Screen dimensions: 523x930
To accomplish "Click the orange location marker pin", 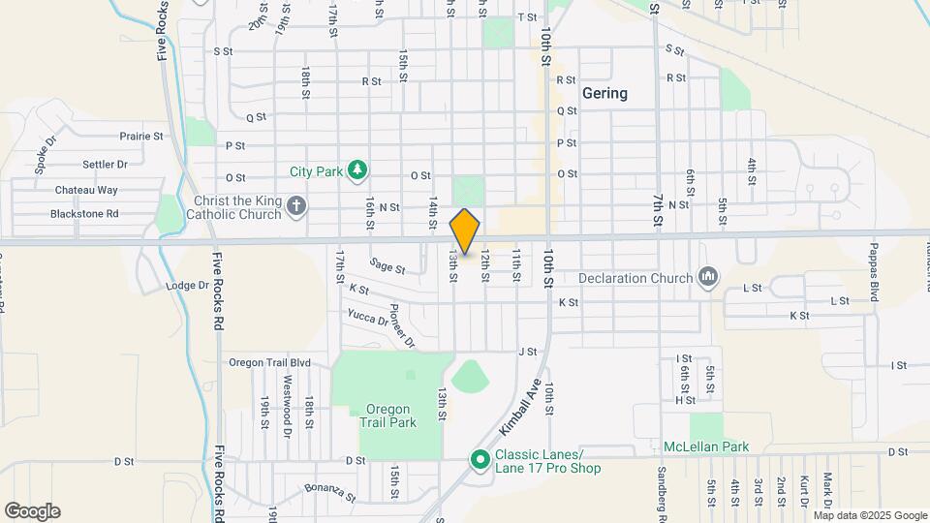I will coord(465,231).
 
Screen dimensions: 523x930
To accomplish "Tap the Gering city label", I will coord(604,94).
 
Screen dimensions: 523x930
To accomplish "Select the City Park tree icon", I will coord(357,171).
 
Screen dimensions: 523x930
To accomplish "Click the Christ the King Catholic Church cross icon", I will coord(297,205).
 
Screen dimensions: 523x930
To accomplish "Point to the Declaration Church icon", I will coord(708,278).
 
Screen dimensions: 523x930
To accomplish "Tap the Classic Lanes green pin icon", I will coord(479,459).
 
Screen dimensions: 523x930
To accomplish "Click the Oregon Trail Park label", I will coord(387,415).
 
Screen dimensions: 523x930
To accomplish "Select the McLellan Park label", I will coord(706,447).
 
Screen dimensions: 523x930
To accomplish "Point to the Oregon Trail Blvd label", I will coord(269,362).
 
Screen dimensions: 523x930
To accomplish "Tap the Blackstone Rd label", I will coord(84,214).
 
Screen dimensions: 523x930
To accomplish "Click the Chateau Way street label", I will coord(86,190).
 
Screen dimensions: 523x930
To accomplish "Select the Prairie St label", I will coord(141,137).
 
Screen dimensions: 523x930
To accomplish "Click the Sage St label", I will coord(387,265).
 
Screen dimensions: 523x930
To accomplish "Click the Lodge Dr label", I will coord(187,286).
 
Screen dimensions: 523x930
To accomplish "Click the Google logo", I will coord(32,511).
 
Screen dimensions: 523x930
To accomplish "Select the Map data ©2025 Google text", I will coord(870,515).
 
